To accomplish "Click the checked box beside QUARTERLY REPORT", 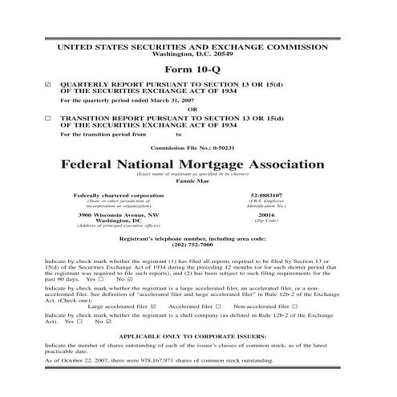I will pos(48,83).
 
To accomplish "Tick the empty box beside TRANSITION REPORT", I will pos(48,117).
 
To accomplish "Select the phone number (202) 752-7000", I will pos(198,246).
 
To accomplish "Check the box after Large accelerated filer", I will pos(153,306).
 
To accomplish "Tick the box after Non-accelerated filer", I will pos(295,306).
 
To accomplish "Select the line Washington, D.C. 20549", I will pos(198,55).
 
